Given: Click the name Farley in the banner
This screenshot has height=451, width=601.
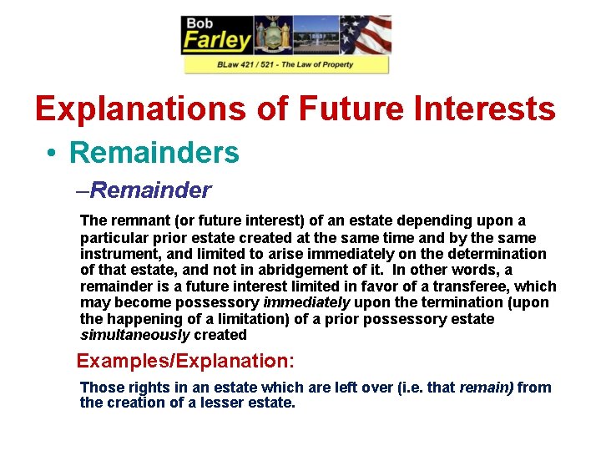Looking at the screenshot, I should [x=217, y=40].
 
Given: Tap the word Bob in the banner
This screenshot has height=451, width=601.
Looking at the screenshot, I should [x=199, y=23].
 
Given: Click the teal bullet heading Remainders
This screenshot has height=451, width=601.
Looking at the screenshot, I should [x=154, y=152].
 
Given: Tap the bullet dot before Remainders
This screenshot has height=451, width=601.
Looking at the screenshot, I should [x=52, y=153].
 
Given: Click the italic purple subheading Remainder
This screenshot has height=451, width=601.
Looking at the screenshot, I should [x=150, y=190].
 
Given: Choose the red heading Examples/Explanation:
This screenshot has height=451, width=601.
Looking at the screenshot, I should [x=185, y=362].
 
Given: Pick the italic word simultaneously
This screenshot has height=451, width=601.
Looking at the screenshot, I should [x=134, y=335].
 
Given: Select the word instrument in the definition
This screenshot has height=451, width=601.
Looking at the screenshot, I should [x=117, y=254].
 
